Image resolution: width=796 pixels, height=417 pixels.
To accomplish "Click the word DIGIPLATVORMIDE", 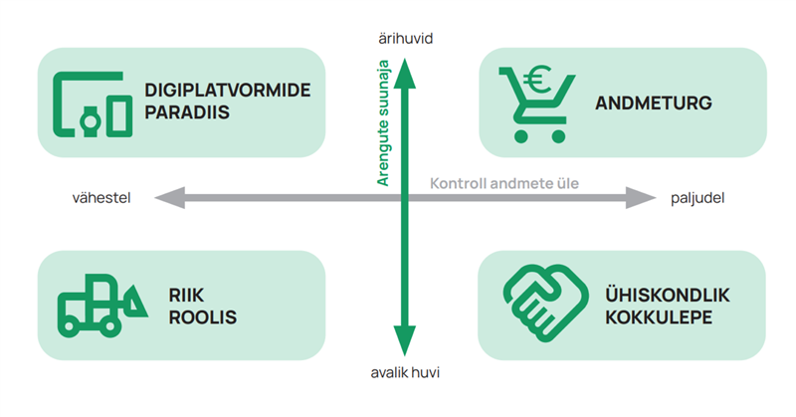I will [x=228, y=91].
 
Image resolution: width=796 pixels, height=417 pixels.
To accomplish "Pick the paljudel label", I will [x=696, y=199].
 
